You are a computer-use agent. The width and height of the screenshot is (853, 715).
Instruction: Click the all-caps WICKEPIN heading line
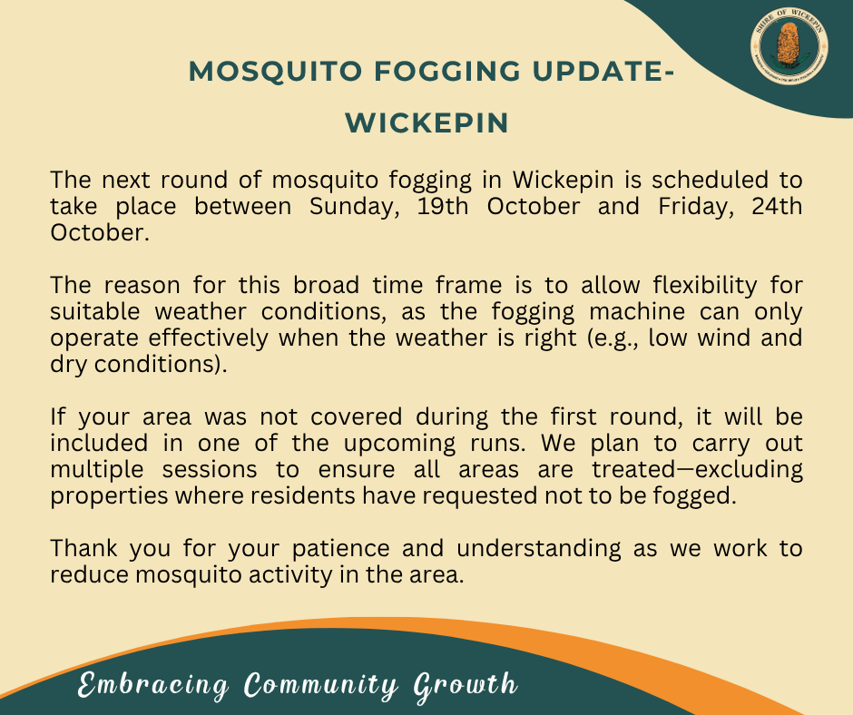427,122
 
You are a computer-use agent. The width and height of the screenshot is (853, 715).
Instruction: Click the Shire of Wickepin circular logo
789,46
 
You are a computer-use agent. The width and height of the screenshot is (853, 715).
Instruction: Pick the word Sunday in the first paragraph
355,207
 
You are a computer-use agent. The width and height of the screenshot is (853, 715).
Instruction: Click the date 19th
443,206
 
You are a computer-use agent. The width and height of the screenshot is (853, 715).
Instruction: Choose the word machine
637,312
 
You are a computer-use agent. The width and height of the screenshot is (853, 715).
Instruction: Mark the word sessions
210,470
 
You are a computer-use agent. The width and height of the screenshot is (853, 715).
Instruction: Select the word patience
340,549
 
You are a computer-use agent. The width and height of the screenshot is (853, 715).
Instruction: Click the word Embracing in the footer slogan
152,685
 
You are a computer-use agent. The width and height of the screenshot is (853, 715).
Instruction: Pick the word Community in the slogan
321,685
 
